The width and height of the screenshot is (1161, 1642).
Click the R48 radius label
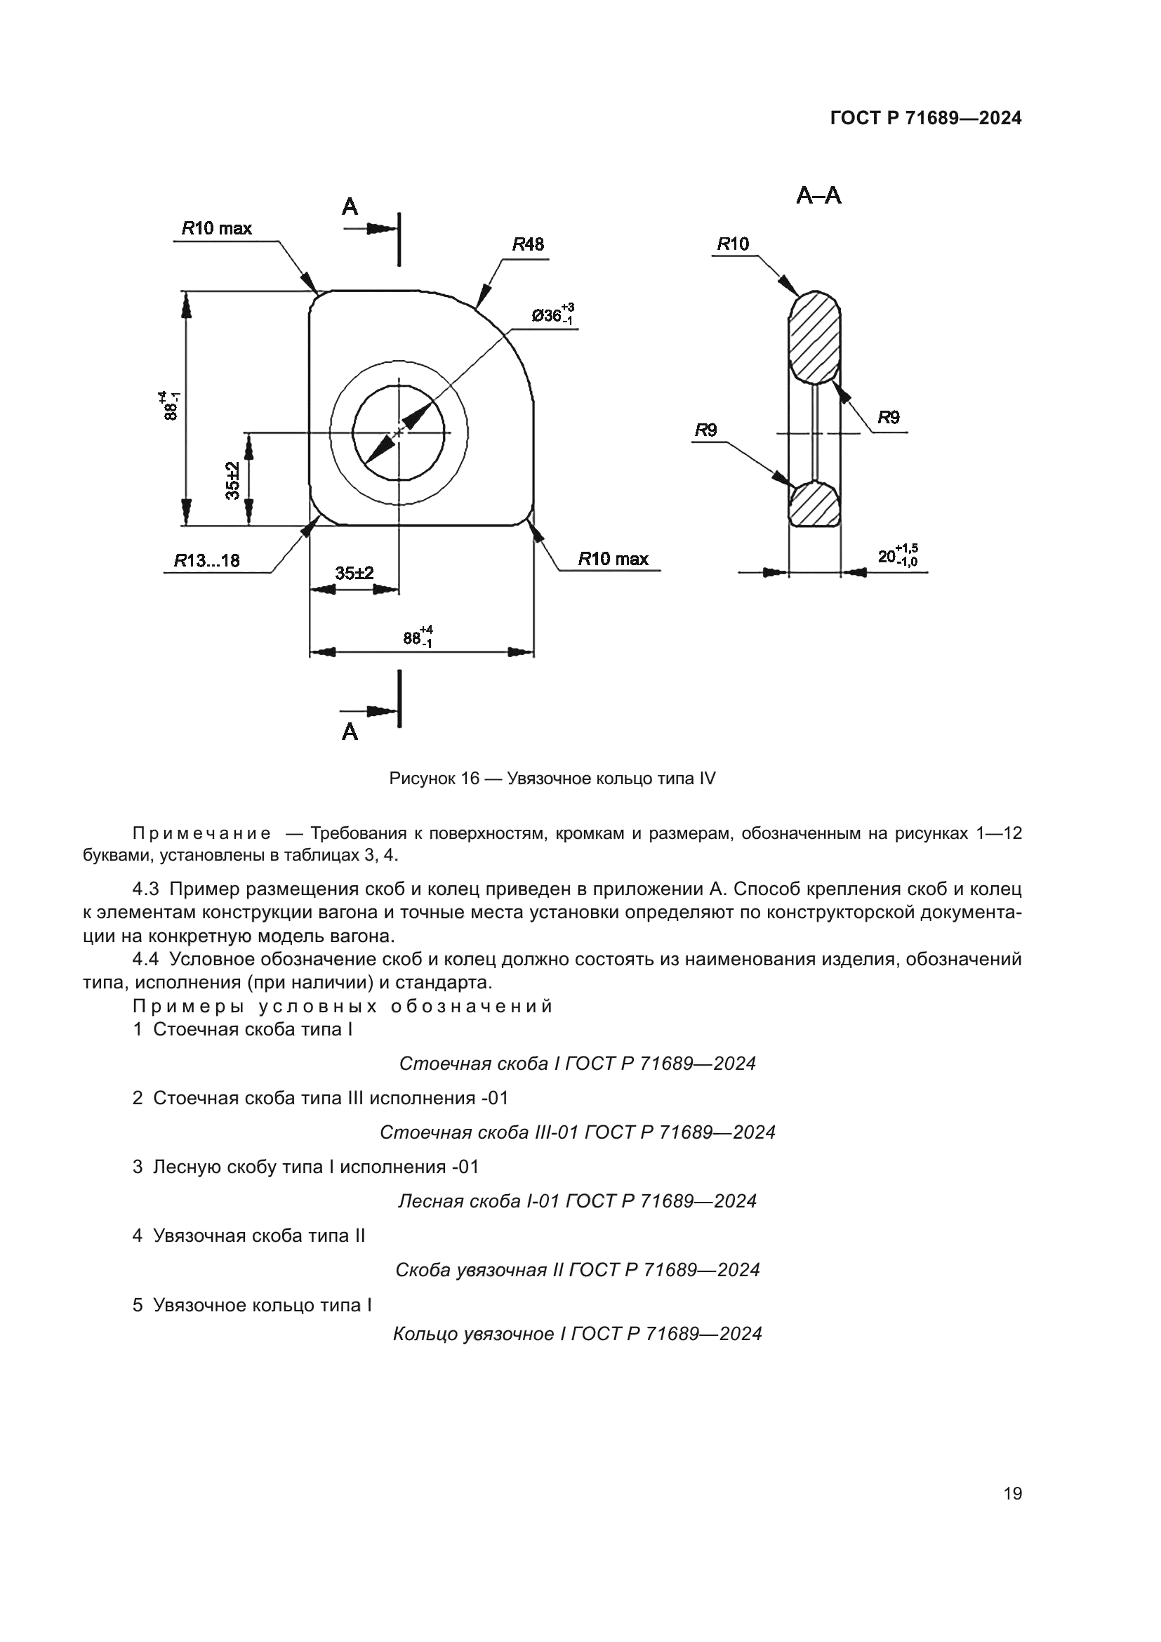pos(528,244)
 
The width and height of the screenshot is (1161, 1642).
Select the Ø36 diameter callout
pos(552,315)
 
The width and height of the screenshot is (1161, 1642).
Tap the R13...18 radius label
pos(207,560)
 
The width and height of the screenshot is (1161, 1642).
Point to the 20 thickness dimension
pos(896,556)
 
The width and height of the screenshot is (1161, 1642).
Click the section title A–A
pos(818,195)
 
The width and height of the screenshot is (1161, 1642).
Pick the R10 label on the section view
pos(733,244)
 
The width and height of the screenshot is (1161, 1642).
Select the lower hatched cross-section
pos(814,504)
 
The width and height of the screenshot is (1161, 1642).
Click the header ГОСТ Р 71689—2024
pos(926,119)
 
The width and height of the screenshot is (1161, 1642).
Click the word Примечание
pos(201,833)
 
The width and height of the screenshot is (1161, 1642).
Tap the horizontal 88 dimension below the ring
pos(418,637)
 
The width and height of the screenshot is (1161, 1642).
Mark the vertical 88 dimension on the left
pos(170,406)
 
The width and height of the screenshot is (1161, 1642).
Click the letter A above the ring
pos(350,206)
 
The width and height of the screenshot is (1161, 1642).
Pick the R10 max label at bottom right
pos(613,559)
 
